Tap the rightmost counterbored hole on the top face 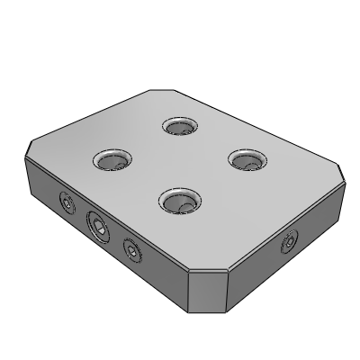(245, 159)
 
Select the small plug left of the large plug (66, 203)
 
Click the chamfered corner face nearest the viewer (208, 288)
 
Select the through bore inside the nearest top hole (183, 207)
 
